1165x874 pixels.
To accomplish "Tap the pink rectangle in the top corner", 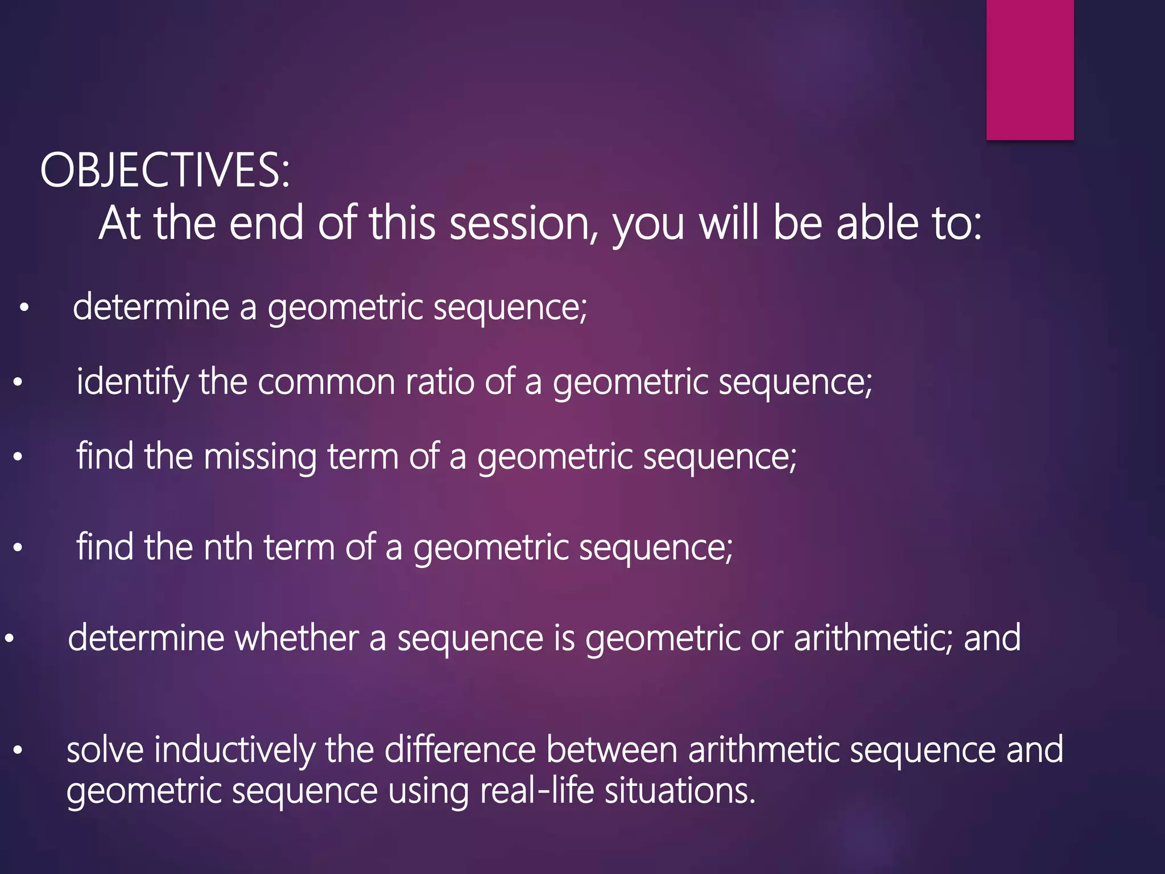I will point(1030,69).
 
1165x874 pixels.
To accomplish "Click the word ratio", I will point(439,382).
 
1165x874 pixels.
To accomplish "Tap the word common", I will point(326,382).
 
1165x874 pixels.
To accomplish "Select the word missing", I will point(260,457).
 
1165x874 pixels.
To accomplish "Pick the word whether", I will point(296,638).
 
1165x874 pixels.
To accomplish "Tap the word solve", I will point(105,750).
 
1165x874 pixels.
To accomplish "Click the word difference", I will point(460,750).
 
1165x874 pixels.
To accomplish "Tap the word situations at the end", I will point(680,791).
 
